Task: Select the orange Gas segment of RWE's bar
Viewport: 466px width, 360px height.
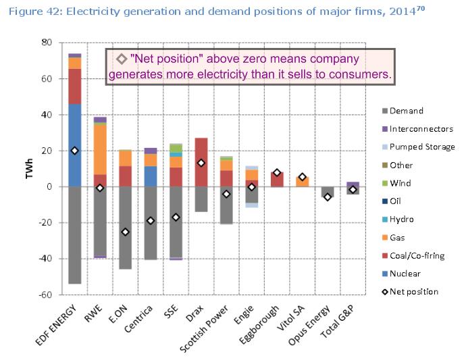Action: tap(100, 149)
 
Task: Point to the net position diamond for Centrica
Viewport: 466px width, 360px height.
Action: tap(151, 221)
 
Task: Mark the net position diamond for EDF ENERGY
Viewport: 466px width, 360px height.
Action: tap(75, 151)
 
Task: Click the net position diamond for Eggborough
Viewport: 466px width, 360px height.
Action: tap(277, 173)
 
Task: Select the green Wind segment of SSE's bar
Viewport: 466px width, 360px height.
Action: tap(176, 148)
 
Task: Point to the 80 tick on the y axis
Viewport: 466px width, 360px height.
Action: tap(47, 42)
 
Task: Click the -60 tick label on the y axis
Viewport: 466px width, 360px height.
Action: tap(45, 295)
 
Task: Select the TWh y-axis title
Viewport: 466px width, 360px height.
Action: tap(27, 169)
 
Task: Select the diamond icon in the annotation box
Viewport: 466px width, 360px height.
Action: tap(121, 59)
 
